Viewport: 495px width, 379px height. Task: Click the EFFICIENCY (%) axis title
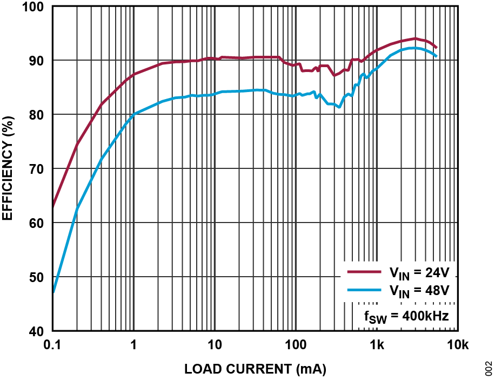point(8,169)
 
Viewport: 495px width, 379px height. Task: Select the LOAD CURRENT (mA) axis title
point(255,369)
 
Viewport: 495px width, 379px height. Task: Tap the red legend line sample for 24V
point(364,272)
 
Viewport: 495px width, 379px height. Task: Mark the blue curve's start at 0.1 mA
point(53,291)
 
